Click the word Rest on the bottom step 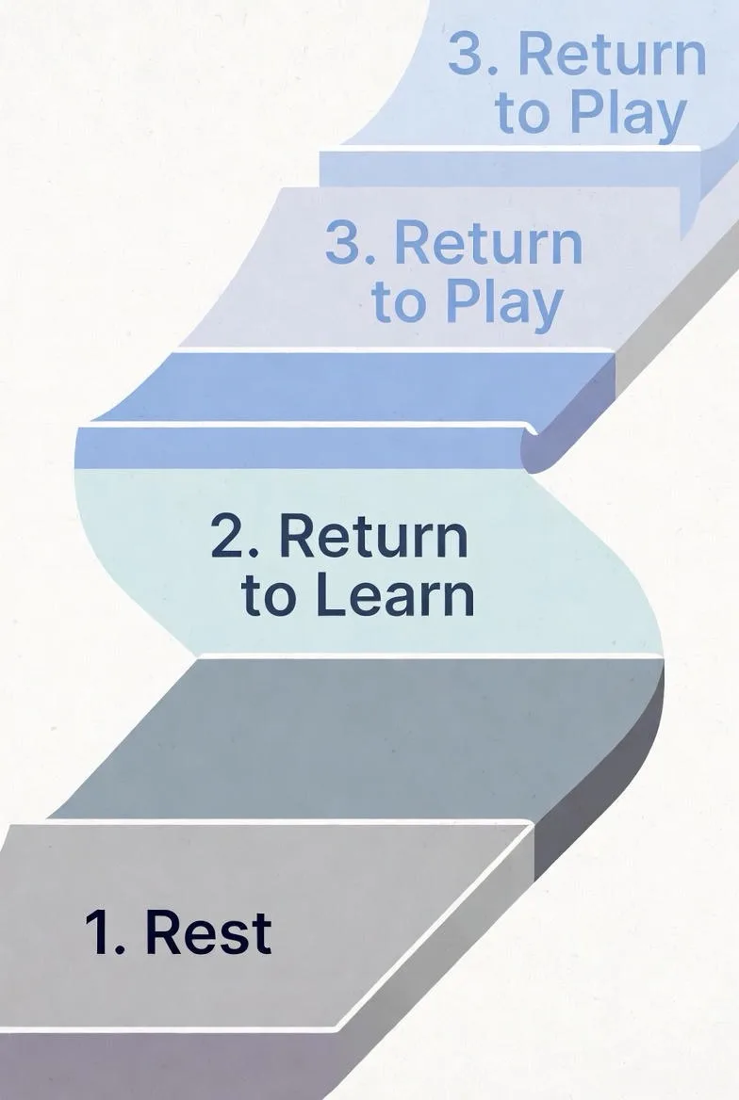(208, 932)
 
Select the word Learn (396, 595)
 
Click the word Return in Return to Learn (373, 536)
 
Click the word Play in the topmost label (628, 114)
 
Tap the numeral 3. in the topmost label (473, 54)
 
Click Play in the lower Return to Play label (504, 303)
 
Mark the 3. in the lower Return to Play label (350, 243)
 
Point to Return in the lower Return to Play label (489, 243)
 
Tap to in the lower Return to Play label (399, 303)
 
